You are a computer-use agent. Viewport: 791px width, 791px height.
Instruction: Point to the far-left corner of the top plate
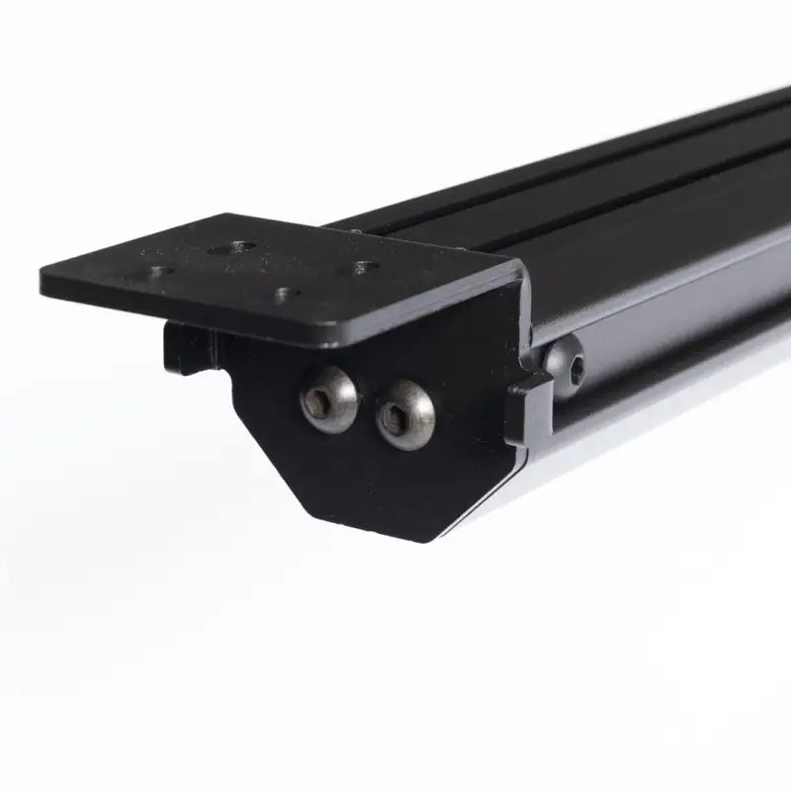[x=44, y=277]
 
